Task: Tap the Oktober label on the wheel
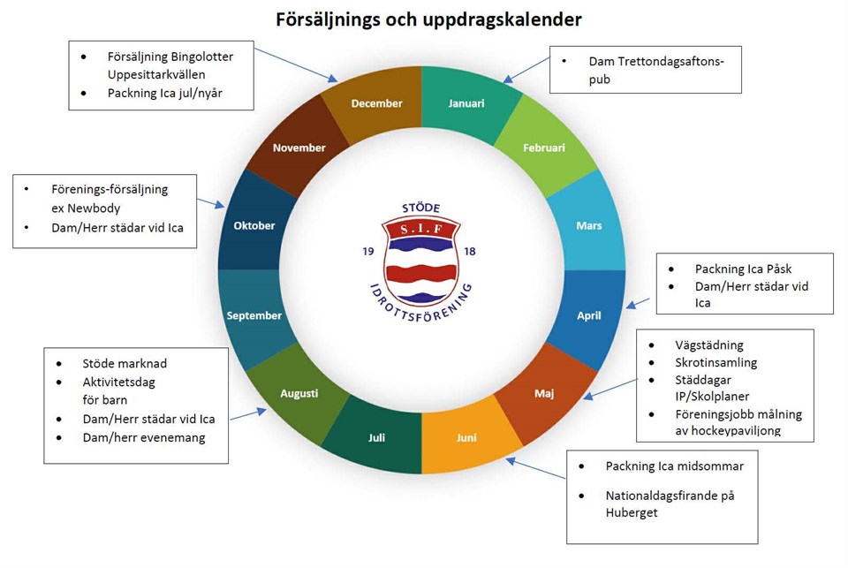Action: point(254,225)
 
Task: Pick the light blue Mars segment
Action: point(588,225)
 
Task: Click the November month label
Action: point(299,148)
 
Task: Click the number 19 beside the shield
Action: point(368,251)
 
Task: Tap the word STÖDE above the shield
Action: point(420,208)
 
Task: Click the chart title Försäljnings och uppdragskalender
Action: point(429,19)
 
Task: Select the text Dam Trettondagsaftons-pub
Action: point(656,70)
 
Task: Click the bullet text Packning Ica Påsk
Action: point(743,269)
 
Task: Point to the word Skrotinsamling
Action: point(715,362)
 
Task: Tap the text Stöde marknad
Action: point(125,364)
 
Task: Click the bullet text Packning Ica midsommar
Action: point(674,466)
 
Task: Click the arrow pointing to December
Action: point(297,64)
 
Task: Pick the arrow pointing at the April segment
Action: point(638,303)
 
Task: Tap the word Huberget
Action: point(631,513)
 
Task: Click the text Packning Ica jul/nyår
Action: point(165,93)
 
